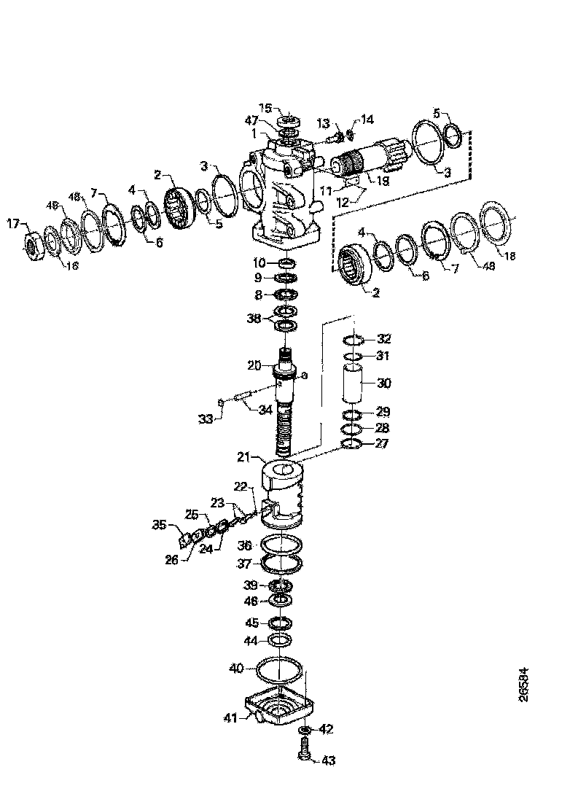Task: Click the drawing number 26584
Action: point(524,685)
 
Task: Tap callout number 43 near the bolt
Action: point(328,761)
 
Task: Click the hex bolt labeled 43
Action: point(305,750)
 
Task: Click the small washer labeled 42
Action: point(305,729)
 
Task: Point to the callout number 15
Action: point(266,108)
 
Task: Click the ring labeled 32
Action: point(354,339)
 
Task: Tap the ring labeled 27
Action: point(354,444)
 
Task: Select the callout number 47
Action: point(252,120)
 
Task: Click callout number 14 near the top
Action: point(366,119)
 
